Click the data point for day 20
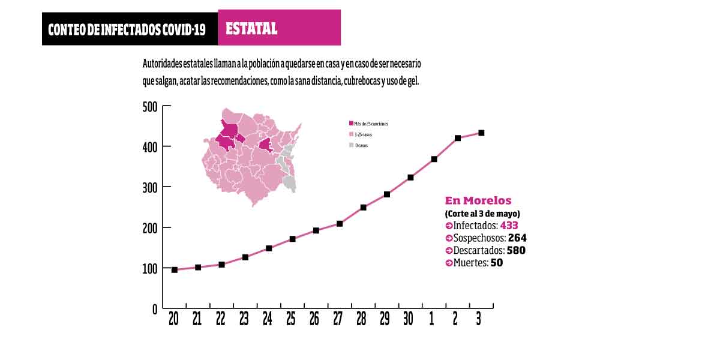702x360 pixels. pos(175,270)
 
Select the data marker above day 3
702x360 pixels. pos(481,133)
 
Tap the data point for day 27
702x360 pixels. pos(340,223)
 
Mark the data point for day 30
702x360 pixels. pos(410,177)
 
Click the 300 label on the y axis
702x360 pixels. pos(150,187)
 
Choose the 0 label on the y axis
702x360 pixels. pos(154,309)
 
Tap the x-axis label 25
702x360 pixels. pos(292,319)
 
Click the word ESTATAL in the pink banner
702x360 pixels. pos(251,28)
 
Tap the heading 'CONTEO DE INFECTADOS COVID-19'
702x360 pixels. pos(127,29)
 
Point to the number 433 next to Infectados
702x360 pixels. pos(509,226)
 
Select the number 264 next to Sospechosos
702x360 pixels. pos(517,238)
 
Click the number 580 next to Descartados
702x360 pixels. pos(516,250)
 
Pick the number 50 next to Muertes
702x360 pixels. pos(497,263)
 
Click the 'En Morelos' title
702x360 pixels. pos(478,200)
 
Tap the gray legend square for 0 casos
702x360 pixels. pos(351,145)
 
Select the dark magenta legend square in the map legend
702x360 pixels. pos(351,124)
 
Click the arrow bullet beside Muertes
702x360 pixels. pos(449,263)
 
